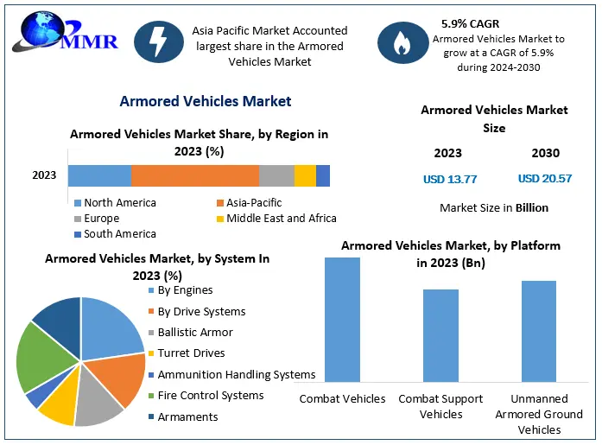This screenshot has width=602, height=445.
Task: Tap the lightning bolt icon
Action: point(158,44)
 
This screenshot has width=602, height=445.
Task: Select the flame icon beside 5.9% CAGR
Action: point(401,44)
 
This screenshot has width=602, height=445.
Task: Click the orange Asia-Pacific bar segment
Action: point(194,175)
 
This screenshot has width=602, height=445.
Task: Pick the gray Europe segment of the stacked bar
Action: point(276,175)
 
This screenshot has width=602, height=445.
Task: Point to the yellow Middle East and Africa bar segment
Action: point(305,175)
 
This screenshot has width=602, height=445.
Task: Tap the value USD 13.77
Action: point(450,179)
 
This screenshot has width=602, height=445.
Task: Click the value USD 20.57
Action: point(545,179)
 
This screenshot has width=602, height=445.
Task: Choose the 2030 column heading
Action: point(545,154)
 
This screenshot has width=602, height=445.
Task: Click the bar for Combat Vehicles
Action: point(342,320)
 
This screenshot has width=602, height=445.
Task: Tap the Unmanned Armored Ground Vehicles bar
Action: point(539,331)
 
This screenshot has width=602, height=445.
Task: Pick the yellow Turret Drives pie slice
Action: point(58,406)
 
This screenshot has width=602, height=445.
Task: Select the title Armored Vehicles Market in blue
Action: point(206,101)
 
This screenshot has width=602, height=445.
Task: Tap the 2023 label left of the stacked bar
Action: point(44,175)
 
